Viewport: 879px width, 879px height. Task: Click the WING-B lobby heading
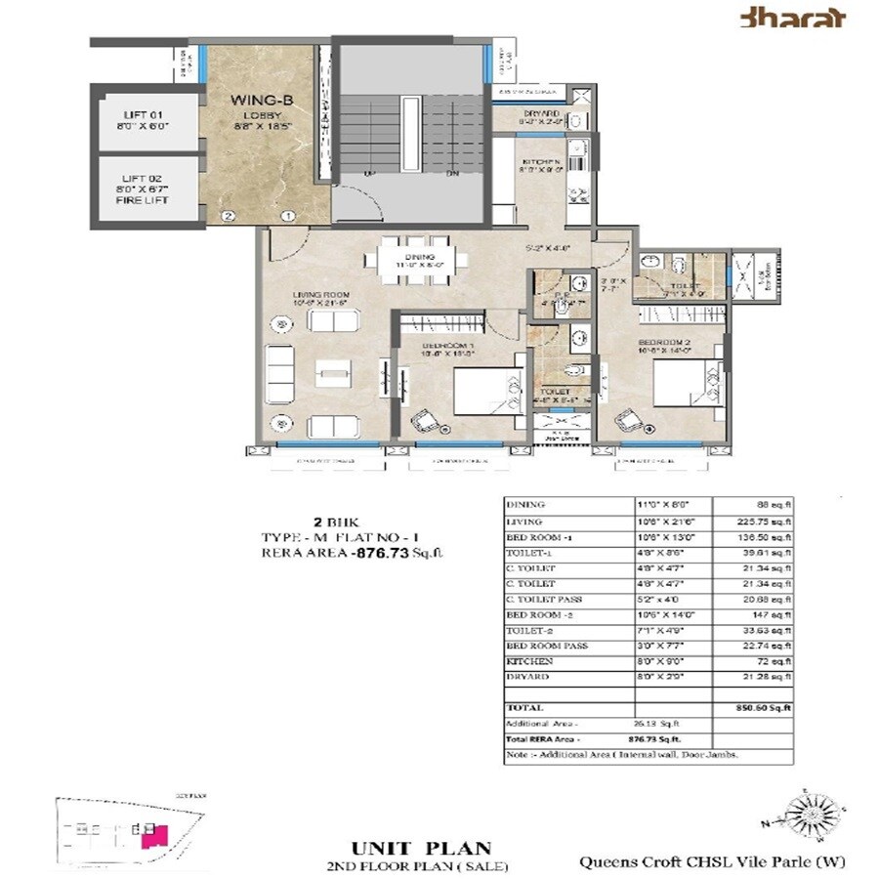pyautogui.click(x=256, y=101)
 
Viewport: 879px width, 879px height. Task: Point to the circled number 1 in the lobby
pyautogui.click(x=287, y=215)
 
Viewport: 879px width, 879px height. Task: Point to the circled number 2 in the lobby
pyautogui.click(x=228, y=215)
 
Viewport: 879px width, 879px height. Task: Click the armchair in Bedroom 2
pyautogui.click(x=625, y=422)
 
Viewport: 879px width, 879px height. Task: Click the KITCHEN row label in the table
pyautogui.click(x=528, y=661)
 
